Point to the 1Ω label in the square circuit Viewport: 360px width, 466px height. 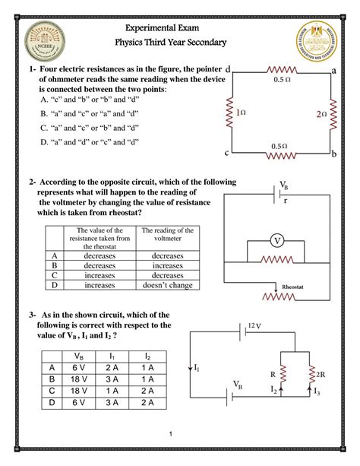click(x=241, y=113)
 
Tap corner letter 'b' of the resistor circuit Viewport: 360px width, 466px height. click(x=334, y=154)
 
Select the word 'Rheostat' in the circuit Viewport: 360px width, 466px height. click(x=292, y=287)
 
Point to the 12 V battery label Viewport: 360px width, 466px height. click(x=254, y=325)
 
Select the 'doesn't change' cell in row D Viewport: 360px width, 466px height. click(x=166, y=286)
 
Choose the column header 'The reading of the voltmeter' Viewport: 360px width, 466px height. click(x=167, y=237)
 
